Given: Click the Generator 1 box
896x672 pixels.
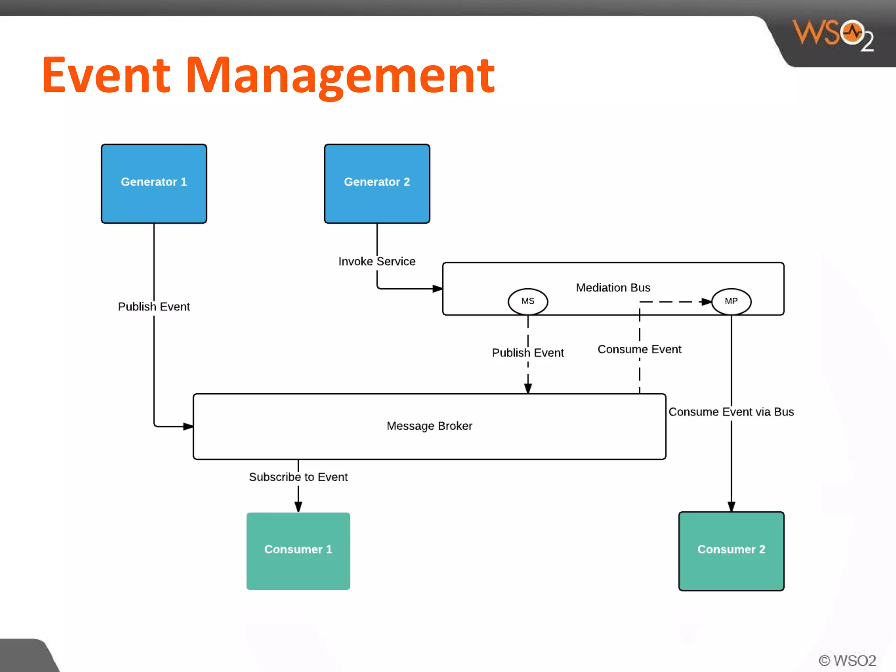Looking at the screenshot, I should coord(154,184).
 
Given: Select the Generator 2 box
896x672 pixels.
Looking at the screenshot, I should coord(377,184).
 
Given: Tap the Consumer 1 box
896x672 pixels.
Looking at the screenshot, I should coord(298,551).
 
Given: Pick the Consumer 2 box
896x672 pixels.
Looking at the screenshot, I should coord(731,551).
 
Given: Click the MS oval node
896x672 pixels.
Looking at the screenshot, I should coord(528,301).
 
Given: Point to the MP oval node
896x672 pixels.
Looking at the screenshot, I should coord(731,301).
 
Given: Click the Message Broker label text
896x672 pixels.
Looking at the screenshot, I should coord(429,426).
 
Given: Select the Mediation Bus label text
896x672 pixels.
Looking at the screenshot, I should coord(613,288).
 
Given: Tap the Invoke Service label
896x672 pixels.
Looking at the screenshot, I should coord(377,262).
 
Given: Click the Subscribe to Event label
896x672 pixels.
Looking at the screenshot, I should coord(298,477).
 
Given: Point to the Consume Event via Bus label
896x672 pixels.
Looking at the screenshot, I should coord(731,412).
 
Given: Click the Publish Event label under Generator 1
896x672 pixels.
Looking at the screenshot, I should coord(154,307).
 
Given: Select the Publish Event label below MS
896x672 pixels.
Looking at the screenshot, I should coord(528,353).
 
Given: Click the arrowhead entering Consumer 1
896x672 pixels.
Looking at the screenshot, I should coord(298,507).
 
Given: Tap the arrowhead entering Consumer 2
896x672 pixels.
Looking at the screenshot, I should coord(731,506).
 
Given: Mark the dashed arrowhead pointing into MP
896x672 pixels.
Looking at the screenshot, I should coord(706,302).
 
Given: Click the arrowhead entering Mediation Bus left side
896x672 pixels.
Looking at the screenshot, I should coord(437,289).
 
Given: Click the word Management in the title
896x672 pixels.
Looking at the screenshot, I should coord(340,75).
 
